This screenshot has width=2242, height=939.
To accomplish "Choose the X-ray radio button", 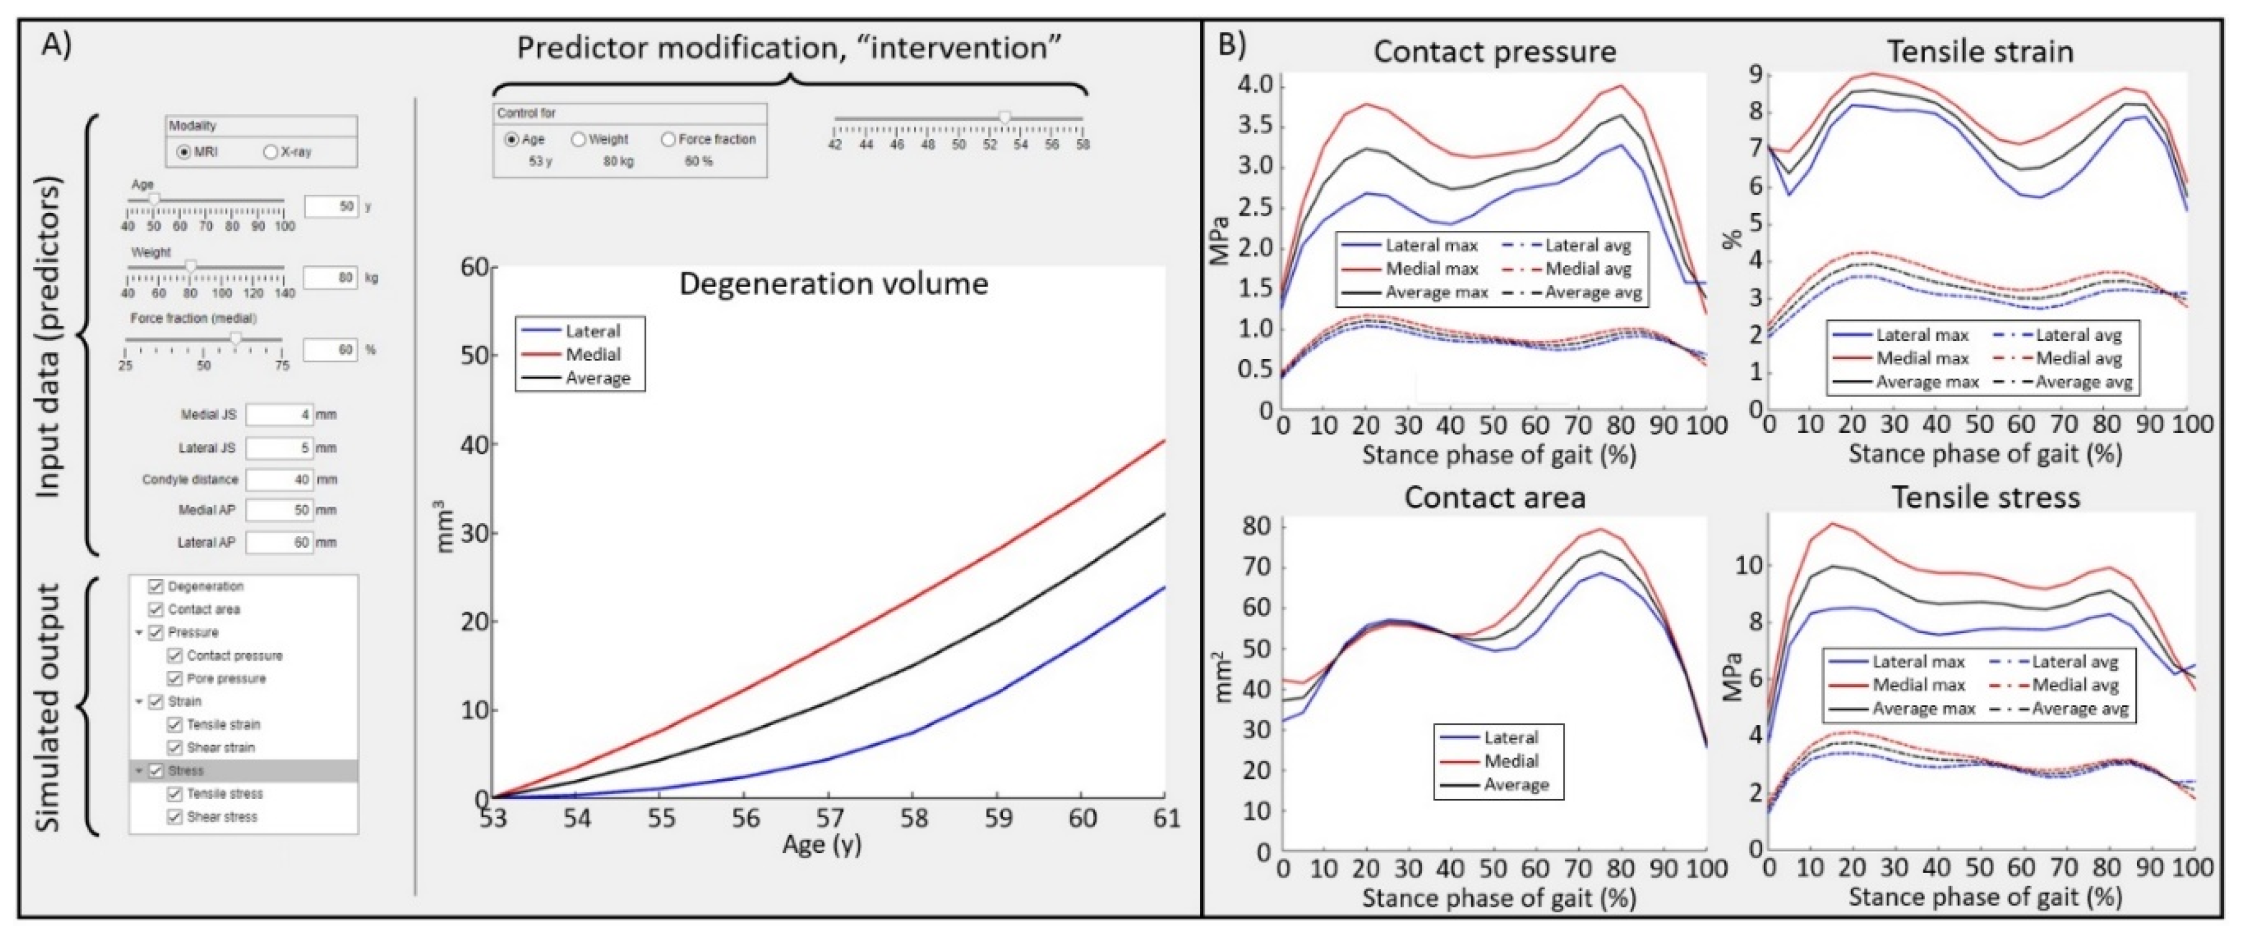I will [x=270, y=152].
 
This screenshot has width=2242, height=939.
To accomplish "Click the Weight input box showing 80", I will [x=330, y=278].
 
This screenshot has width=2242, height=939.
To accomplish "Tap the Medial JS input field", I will [x=278, y=414].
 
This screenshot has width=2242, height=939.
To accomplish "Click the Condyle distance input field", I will [x=278, y=480].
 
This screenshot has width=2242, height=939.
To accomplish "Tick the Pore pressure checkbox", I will [x=175, y=679].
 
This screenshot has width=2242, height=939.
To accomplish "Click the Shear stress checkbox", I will [x=175, y=817].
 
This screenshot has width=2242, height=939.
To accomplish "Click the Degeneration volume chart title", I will [x=833, y=284].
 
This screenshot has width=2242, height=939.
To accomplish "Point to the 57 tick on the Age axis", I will [x=830, y=818].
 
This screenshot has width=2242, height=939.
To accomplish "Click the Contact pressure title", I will [x=1495, y=51].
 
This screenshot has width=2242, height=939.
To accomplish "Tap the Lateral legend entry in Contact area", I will [x=1511, y=737].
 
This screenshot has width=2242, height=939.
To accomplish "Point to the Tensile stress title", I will [x=1985, y=497].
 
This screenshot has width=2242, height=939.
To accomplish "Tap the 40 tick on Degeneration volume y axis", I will [x=474, y=445].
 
